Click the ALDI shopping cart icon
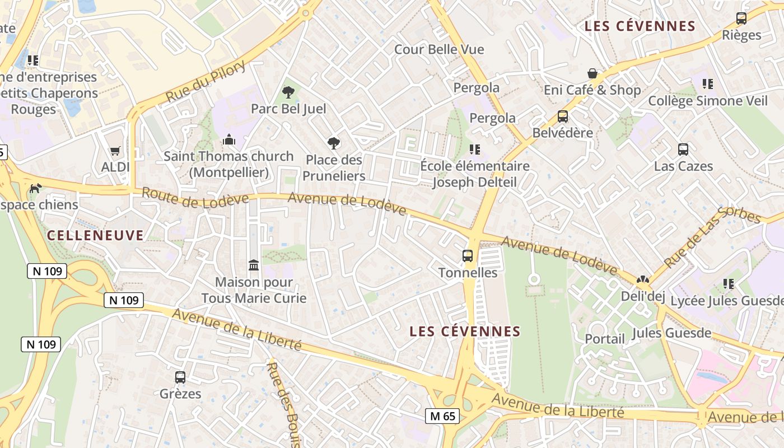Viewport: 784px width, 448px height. coord(115,150)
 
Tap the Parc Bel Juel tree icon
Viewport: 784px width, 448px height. coord(288,92)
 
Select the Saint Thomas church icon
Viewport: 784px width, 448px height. coord(228,139)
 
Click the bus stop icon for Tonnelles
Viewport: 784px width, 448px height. coord(468,256)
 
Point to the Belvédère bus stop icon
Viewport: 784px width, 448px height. coord(563,116)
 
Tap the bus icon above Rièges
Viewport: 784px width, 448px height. coord(741,18)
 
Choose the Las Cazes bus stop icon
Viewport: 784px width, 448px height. coord(683,150)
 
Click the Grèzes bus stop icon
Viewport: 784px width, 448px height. coord(180,377)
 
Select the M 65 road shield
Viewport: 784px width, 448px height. coord(442,416)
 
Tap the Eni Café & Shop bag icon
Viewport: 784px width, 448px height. coord(592,73)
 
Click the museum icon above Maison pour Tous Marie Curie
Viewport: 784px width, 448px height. coord(254,264)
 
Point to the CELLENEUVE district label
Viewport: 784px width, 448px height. coord(95,235)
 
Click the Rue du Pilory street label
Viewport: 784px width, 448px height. coord(206,82)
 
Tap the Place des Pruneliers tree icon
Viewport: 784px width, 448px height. coord(334,143)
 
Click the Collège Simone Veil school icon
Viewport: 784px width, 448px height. coord(708,84)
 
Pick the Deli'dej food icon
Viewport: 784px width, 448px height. coord(642,279)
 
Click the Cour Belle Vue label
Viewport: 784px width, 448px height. coord(439,49)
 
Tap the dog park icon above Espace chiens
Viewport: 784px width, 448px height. coord(35,188)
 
